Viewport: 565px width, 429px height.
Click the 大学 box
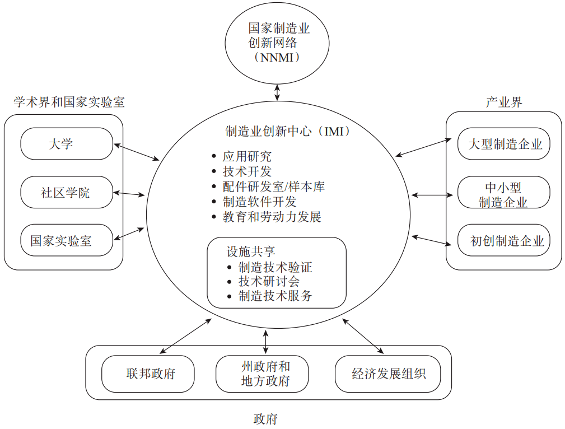pyautogui.click(x=67, y=144)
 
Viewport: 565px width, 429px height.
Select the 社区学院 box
pyautogui.click(x=67, y=193)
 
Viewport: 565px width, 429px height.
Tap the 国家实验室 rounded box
pyautogui.click(x=67, y=241)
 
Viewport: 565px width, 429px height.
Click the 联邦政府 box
pyautogui.click(x=148, y=374)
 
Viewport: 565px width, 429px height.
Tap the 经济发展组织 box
pyautogui.click(x=387, y=374)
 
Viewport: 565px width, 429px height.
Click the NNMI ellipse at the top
pyautogui.click(x=278, y=43)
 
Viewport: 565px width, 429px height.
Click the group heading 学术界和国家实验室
pyautogui.click(x=69, y=102)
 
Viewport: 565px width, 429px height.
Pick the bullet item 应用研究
pyautogui.click(x=247, y=157)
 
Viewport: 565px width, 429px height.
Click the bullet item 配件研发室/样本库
pyautogui.click(x=273, y=186)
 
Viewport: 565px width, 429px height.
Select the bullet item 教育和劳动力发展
pyautogui.click(x=272, y=217)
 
